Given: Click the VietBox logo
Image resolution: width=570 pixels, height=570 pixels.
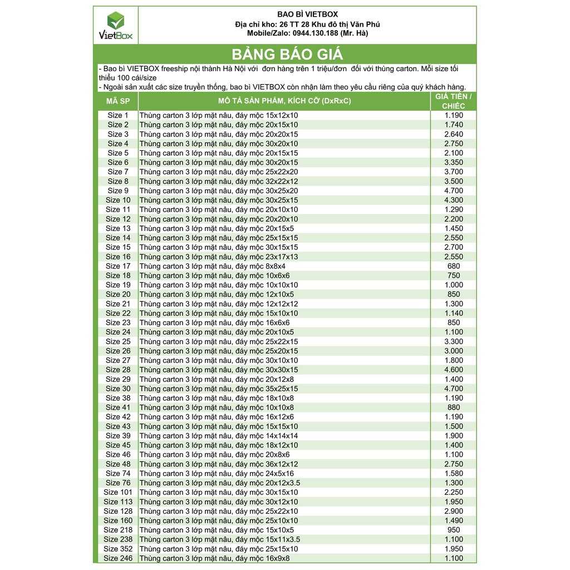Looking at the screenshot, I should (116, 26).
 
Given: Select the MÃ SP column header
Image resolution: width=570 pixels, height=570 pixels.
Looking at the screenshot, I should (117, 101).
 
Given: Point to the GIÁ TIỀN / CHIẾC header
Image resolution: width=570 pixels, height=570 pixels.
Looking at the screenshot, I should (453, 101).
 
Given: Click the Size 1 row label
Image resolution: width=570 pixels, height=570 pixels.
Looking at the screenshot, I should (117, 115).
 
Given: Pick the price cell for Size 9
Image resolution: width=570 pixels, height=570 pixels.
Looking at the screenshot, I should (453, 190).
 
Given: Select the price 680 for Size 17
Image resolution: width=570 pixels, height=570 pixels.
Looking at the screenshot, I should (453, 266).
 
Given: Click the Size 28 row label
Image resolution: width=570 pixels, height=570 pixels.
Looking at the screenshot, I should (117, 370).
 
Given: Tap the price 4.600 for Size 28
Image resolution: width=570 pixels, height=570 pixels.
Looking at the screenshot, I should (453, 370).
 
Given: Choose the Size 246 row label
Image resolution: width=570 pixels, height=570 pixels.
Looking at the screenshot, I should (118, 558).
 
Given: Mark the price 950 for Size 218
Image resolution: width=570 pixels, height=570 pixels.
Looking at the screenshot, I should (453, 530).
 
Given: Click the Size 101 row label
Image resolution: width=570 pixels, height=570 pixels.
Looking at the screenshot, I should (118, 492).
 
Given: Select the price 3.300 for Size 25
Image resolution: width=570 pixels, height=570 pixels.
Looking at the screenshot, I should (453, 341).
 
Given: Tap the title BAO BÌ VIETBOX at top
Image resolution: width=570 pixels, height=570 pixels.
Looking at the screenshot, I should (308, 14).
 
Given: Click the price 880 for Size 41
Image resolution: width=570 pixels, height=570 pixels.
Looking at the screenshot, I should (453, 407).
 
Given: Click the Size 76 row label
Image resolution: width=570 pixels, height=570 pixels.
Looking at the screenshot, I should (117, 483).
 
